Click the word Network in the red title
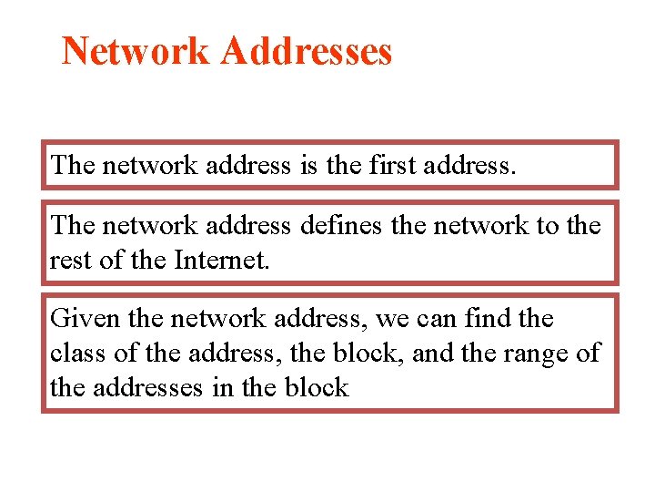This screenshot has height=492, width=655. point(136,51)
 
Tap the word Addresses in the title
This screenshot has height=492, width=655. point(307,51)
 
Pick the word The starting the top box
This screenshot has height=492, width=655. point(74,165)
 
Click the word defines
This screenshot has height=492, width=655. point(340,225)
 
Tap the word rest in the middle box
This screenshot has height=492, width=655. point(69,261)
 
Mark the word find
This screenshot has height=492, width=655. point(488,319)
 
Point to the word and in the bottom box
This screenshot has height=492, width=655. point(431,353)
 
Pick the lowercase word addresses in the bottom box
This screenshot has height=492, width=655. point(146,387)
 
